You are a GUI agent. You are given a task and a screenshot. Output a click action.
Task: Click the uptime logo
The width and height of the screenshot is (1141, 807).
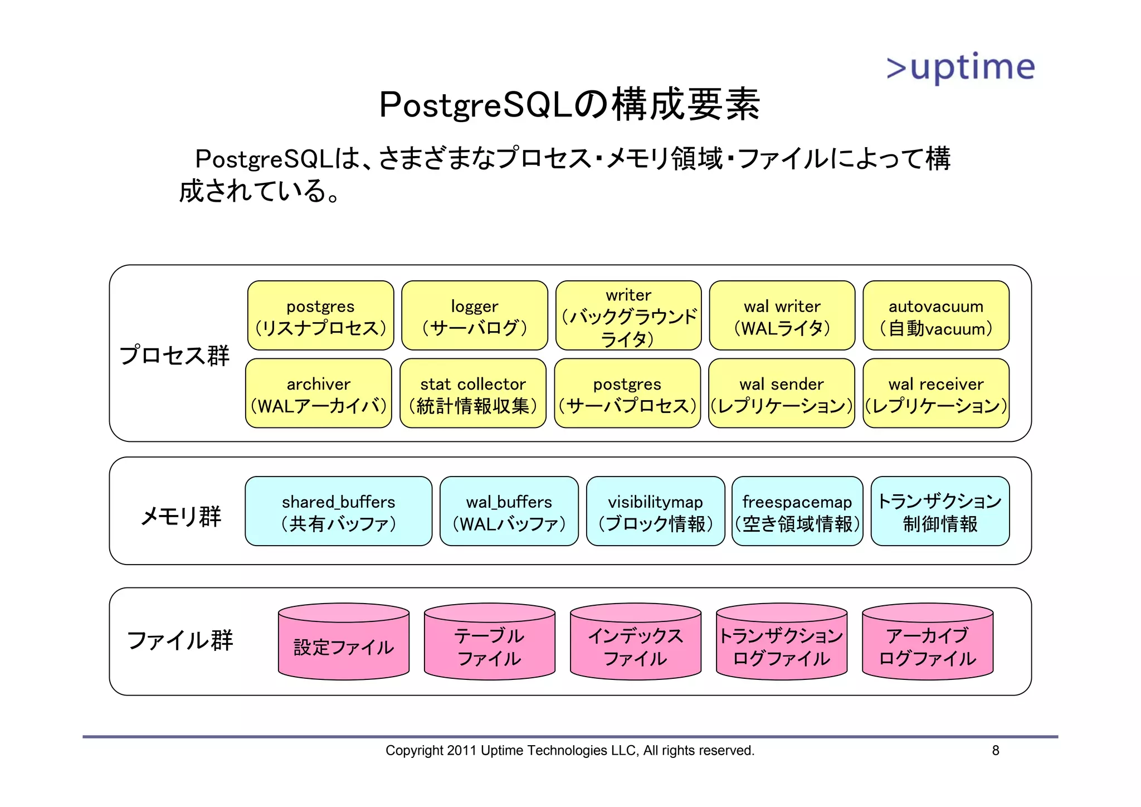[960, 67]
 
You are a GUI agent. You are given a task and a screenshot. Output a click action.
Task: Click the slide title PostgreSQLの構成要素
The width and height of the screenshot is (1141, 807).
[569, 105]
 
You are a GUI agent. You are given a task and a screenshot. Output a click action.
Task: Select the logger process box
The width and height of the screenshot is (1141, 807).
[475, 316]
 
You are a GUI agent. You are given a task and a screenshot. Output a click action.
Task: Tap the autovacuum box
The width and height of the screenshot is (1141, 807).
[936, 316]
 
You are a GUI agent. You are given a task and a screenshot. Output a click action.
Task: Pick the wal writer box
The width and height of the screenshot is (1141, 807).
[782, 316]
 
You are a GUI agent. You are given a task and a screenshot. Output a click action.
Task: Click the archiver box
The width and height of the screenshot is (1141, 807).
[319, 393]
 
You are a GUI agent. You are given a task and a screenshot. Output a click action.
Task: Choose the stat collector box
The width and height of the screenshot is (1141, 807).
[473, 393]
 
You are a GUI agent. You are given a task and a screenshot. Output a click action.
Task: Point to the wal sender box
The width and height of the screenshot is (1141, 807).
[782, 393]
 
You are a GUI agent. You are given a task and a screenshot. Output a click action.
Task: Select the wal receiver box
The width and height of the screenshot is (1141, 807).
[936, 393]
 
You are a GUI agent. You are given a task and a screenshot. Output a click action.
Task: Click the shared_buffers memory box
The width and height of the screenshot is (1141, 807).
[339, 512]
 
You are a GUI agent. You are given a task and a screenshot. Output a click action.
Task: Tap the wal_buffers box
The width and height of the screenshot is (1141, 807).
[509, 512]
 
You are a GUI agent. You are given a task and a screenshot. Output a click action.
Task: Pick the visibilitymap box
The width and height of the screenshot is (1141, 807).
[655, 512]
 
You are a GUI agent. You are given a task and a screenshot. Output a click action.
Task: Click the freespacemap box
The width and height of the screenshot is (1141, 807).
[797, 512]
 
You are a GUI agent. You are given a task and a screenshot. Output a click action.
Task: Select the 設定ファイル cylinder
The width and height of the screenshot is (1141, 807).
[344, 646]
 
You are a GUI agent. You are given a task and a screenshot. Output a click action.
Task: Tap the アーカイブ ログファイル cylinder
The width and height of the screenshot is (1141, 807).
[928, 646]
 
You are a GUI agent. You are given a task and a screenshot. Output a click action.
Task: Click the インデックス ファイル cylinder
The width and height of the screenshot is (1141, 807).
[636, 646]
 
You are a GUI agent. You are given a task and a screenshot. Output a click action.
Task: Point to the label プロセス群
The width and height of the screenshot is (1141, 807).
[174, 355]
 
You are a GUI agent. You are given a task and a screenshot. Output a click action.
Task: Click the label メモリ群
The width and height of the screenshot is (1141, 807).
[181, 516]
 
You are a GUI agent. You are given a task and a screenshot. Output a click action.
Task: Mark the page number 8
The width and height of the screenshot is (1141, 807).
[996, 751]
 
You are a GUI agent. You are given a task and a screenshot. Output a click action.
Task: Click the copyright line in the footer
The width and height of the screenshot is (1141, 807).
[569, 751]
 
